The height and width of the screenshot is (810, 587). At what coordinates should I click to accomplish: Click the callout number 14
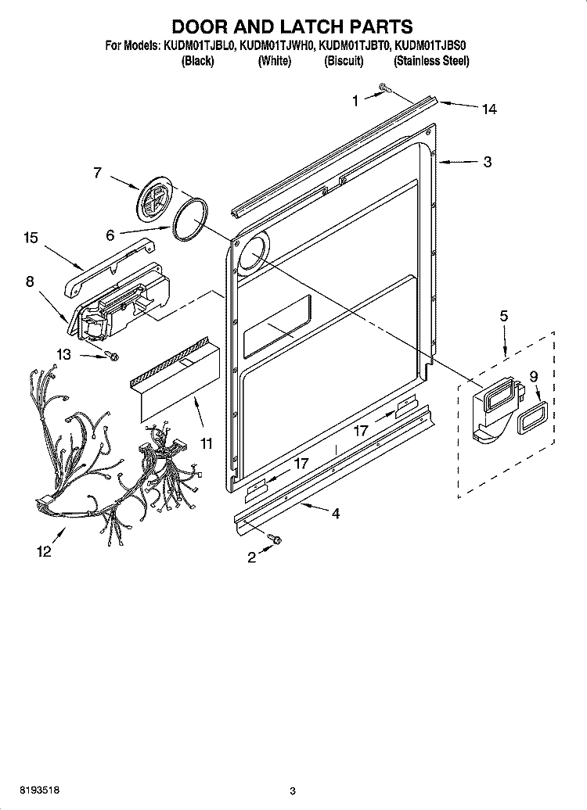tap(488, 109)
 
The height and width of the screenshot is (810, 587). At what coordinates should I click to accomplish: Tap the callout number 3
tap(487, 163)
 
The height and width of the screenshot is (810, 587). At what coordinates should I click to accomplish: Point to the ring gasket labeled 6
tap(191, 218)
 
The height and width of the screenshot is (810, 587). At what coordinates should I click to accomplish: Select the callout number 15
tap(31, 238)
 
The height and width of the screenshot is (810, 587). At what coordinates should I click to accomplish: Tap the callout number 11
tap(206, 444)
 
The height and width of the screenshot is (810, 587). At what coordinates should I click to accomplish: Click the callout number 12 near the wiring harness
tap(43, 552)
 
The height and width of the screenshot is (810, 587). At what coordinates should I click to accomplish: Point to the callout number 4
tap(335, 514)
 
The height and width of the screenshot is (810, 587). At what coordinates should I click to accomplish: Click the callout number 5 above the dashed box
tap(503, 316)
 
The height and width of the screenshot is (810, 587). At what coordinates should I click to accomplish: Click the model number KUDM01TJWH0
tap(277, 46)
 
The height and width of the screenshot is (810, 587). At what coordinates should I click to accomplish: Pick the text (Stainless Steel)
tap(431, 61)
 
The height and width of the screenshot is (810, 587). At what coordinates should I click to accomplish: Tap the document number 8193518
tap(23, 791)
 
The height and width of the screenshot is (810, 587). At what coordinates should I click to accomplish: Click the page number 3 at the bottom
tap(292, 791)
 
